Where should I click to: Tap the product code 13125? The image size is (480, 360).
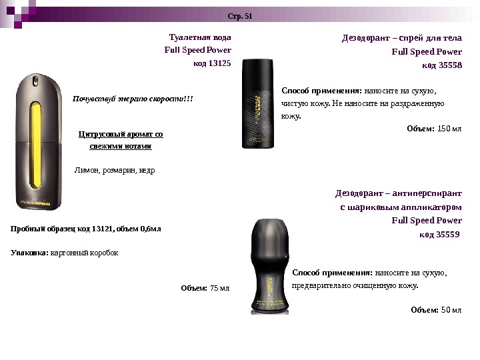point(218,63)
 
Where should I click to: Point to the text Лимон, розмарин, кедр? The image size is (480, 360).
point(114,170)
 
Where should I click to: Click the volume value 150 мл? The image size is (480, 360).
point(449,128)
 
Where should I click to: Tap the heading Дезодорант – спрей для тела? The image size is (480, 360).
point(402,38)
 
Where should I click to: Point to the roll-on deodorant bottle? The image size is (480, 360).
point(261,267)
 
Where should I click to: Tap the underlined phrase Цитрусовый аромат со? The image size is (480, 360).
point(121,134)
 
